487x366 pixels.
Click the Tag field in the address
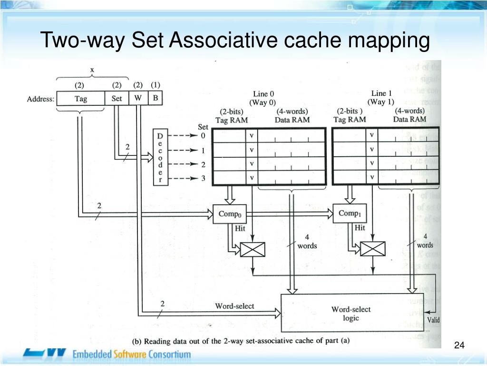tap(81, 99)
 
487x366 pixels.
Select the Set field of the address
tap(117, 99)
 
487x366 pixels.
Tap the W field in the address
tap(138, 99)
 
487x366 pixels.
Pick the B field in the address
tap(155, 99)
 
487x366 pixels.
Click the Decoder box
tap(160, 158)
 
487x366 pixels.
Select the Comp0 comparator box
tap(230, 214)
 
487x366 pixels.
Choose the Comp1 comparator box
tap(350, 213)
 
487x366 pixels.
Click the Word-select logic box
tap(351, 313)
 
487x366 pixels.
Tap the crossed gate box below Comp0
tap(252, 249)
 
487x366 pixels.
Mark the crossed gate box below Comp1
tap(372, 248)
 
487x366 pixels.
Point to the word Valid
tap(433, 320)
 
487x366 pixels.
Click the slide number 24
tap(459, 345)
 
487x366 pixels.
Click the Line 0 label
tap(263, 94)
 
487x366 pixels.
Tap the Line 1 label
tap(381, 93)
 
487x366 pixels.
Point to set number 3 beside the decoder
tap(203, 179)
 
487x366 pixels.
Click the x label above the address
tap(92, 70)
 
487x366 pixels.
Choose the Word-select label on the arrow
tap(234, 306)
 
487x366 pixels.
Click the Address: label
tap(40, 100)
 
